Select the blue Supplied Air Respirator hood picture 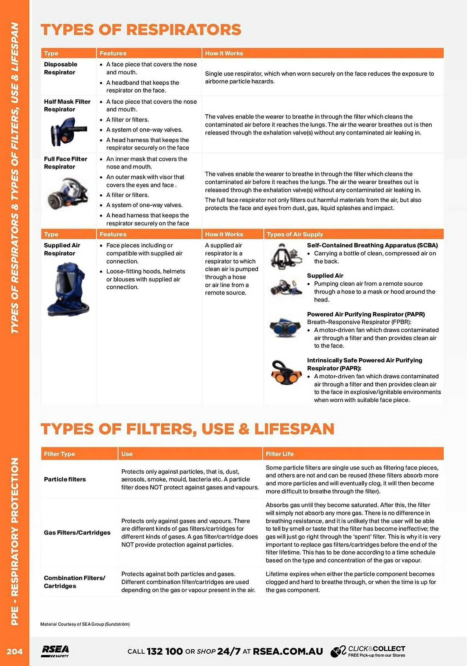point(68,289)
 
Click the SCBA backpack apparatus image point(285,256)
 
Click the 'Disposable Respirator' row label point(60,68)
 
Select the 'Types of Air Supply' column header point(295,234)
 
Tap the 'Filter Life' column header point(279,454)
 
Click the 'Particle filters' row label point(65,479)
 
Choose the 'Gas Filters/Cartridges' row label point(77,532)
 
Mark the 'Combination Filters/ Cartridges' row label point(74,582)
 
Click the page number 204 point(14,651)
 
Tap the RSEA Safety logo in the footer point(55,651)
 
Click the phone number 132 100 point(164,651)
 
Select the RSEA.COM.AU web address point(288,651)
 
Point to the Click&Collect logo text point(376,649)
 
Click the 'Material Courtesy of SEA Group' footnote point(85,624)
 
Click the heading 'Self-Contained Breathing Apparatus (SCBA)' point(372,245)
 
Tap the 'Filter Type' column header point(59,454)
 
